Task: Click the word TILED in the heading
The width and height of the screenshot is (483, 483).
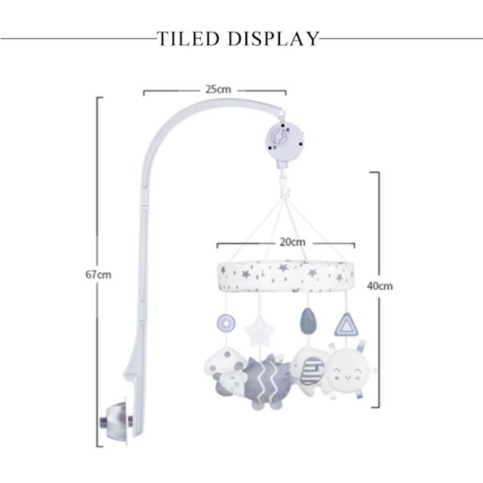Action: coord(188,38)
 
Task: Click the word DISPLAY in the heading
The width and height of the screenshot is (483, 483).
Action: coord(273,38)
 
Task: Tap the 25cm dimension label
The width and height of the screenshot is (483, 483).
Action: coord(218,89)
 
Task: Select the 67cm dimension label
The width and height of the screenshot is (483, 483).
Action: coord(98,275)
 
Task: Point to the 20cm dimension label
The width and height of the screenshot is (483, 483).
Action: coord(293,242)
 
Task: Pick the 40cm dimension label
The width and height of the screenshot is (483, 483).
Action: coord(380,286)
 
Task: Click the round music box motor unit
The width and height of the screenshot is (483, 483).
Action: coord(285,140)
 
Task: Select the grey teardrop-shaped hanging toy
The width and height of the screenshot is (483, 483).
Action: coord(307,321)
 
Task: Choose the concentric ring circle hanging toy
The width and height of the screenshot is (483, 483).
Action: coord(226,324)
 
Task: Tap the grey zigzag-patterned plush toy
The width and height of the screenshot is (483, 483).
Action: coord(266,382)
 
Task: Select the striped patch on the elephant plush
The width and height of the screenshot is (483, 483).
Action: coord(312,371)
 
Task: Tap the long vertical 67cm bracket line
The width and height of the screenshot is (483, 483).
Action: coord(98,272)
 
